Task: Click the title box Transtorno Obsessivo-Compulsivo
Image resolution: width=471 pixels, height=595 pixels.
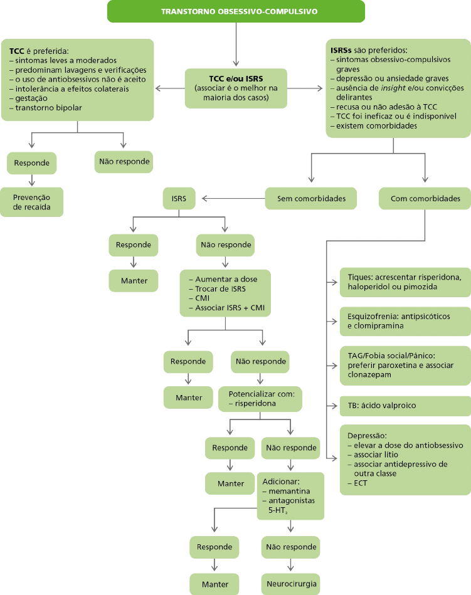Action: coord(236,11)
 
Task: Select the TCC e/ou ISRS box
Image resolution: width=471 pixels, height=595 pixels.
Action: coord(236,88)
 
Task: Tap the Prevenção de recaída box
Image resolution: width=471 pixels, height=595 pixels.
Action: coord(31,202)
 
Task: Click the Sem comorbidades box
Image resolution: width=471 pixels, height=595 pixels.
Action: coord(311,199)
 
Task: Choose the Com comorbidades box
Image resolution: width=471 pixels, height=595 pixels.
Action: coord(425,199)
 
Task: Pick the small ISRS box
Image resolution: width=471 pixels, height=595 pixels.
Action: coord(179,199)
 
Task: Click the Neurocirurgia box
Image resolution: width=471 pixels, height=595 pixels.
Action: coord(291,584)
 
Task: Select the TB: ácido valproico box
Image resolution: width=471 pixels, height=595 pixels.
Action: coord(405,406)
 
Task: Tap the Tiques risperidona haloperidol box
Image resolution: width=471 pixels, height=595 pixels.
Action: coord(405,282)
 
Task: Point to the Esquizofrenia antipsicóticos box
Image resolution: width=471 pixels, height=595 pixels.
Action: coord(405,321)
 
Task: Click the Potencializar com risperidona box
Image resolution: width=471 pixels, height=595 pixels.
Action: coord(260,399)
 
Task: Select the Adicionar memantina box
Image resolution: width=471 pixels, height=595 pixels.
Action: coord(291,495)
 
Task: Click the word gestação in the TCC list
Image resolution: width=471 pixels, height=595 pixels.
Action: coord(31,98)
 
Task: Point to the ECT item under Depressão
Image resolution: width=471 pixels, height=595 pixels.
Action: coord(361,483)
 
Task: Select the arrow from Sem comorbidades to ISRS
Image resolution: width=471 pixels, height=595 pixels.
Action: coord(233,199)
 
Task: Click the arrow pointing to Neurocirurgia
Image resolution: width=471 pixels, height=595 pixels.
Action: coord(291,565)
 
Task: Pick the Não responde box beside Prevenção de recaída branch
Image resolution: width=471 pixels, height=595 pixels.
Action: coord(124,162)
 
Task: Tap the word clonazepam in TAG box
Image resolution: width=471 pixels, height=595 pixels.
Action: coord(364,375)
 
